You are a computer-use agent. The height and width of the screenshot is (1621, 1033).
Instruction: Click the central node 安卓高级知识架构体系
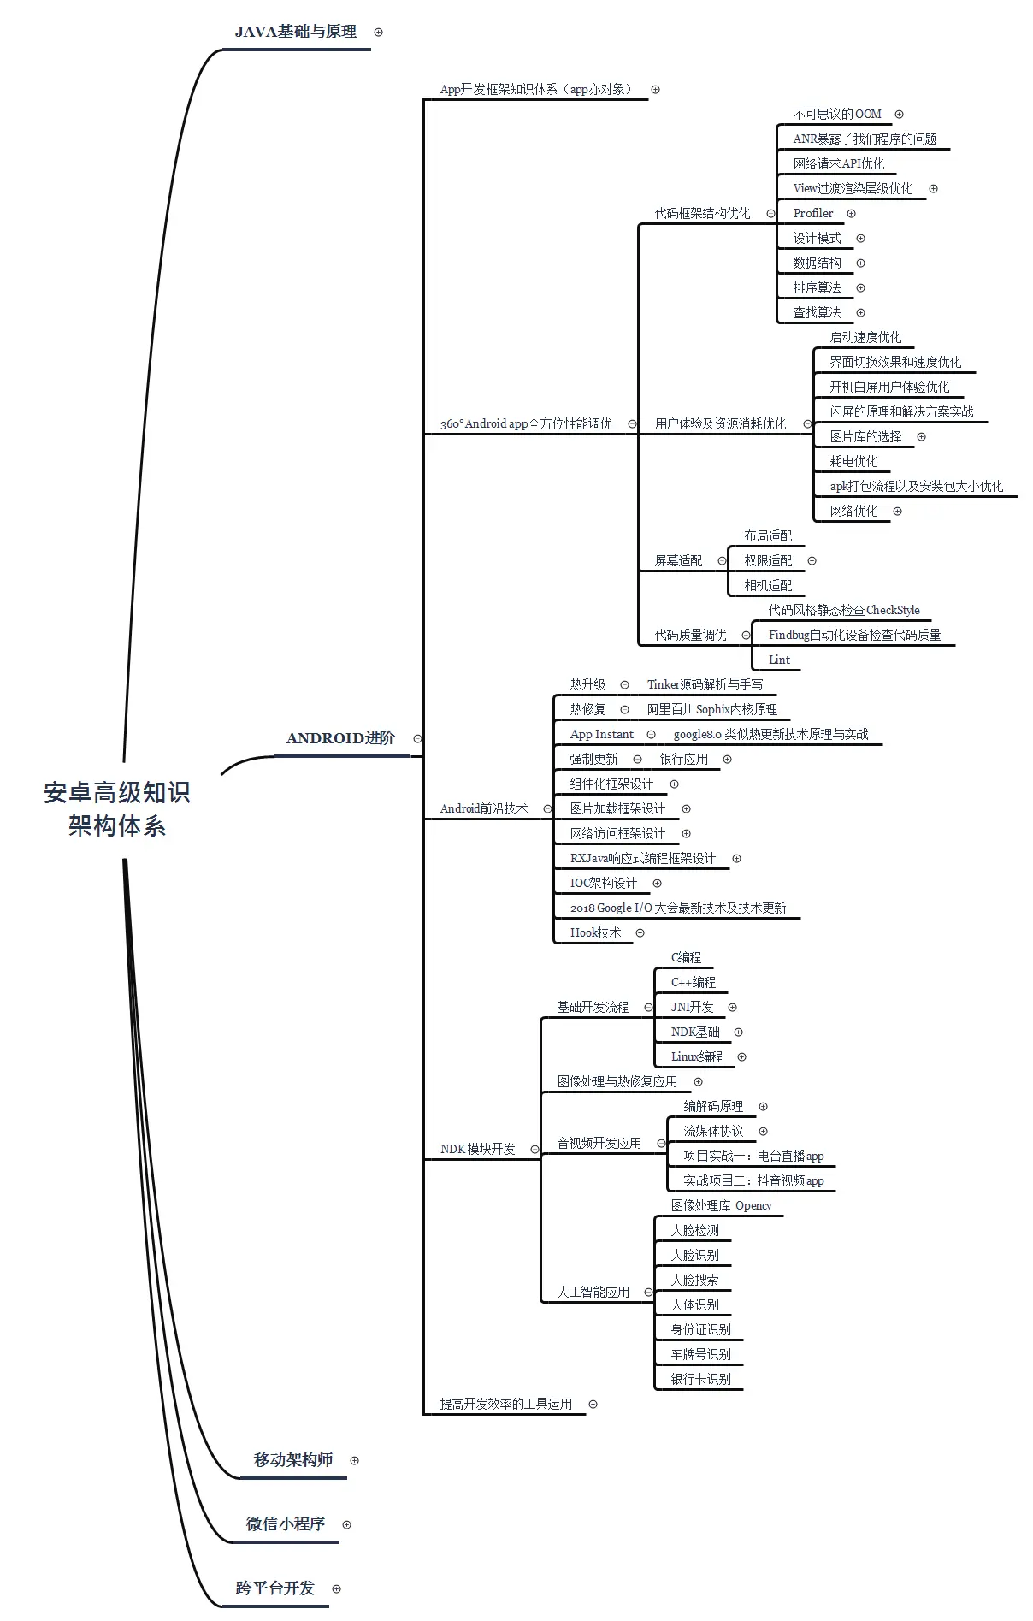point(117,809)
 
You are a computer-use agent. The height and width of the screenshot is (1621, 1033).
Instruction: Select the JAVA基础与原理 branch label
point(296,32)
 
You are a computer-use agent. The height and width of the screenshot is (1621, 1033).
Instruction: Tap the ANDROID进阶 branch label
point(340,738)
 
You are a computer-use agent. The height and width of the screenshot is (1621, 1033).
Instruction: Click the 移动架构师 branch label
point(293,1460)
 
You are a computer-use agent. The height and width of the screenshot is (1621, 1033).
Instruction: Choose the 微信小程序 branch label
point(286,1524)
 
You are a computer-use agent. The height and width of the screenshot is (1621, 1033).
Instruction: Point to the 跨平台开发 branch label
point(275,1588)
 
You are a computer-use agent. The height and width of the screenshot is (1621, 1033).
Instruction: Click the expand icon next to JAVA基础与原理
point(379,32)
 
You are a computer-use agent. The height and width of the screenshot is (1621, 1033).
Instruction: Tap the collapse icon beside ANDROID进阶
point(417,738)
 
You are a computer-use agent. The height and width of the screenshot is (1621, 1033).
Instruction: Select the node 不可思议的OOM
point(836,114)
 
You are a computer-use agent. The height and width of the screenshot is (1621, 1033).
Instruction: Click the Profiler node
point(812,213)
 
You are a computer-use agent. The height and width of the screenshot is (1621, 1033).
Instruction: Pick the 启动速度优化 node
point(865,337)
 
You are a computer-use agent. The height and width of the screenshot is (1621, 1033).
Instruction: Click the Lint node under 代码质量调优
point(779,660)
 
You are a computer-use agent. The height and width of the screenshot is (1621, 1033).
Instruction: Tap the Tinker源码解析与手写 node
point(705,684)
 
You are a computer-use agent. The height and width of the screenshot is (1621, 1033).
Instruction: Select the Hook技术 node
point(595,932)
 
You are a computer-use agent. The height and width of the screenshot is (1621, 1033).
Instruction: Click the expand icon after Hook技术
point(640,932)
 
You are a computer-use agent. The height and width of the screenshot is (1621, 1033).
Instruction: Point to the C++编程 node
point(693,982)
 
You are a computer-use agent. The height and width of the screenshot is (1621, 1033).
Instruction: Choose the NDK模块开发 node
point(477,1149)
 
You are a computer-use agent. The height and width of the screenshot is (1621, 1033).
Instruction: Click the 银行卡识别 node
point(700,1379)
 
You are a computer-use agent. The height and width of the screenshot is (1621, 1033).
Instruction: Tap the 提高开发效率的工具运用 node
point(505,1404)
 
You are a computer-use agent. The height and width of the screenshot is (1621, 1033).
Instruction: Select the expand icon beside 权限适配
point(812,560)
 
